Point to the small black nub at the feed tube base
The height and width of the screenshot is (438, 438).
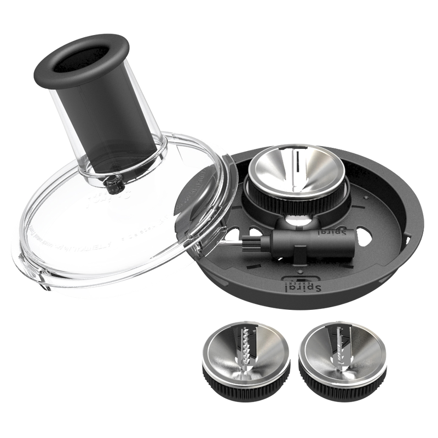[x=114, y=186]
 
